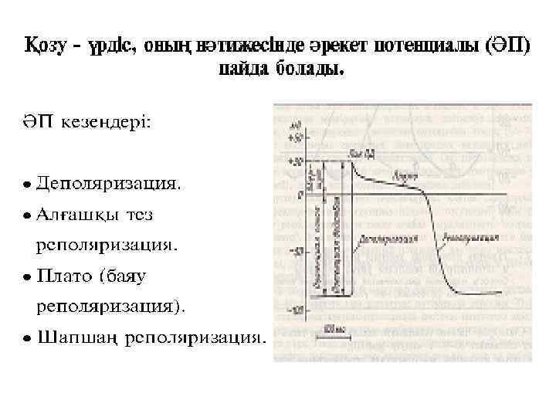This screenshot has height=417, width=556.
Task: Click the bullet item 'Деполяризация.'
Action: [x=111, y=185]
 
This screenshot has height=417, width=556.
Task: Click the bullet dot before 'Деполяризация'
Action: [x=27, y=185]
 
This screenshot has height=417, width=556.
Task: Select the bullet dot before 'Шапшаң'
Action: [x=27, y=337]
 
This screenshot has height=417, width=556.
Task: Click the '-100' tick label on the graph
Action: [x=294, y=310]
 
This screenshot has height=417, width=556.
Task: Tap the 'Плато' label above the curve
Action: [x=400, y=176]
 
